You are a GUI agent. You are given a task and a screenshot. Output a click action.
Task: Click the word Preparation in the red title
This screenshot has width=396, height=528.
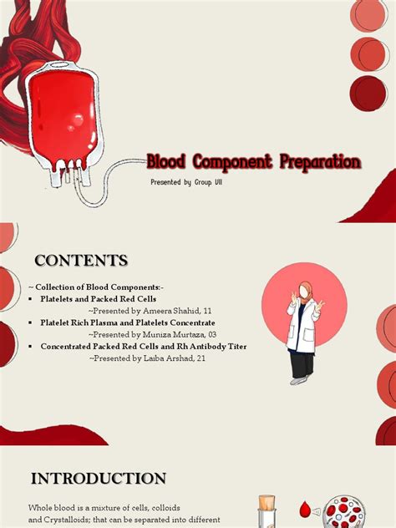(320, 162)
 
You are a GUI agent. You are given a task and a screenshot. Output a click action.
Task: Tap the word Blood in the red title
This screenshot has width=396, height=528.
(166, 161)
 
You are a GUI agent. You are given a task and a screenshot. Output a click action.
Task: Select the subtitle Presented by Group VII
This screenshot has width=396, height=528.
(186, 182)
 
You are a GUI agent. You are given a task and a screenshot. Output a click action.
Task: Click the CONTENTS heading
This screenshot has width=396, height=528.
(81, 261)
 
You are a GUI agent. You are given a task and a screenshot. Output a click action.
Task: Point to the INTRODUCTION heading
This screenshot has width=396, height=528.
(99, 479)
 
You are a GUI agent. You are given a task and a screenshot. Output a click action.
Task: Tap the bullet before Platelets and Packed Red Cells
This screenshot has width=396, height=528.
(31, 299)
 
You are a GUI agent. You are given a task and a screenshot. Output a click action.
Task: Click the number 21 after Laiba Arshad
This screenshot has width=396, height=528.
(201, 358)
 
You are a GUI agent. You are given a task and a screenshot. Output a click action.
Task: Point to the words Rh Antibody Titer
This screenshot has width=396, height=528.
(211, 346)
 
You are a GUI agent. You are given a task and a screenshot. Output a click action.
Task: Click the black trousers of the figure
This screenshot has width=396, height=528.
(302, 364)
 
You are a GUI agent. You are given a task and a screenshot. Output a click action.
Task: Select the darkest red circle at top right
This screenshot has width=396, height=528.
(368, 94)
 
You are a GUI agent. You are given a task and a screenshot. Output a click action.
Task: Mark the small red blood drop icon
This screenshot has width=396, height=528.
(305, 510)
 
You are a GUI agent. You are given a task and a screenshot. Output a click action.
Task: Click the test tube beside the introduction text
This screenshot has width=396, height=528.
(267, 512)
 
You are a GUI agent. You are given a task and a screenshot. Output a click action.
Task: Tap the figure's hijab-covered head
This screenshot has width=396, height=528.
(305, 292)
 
